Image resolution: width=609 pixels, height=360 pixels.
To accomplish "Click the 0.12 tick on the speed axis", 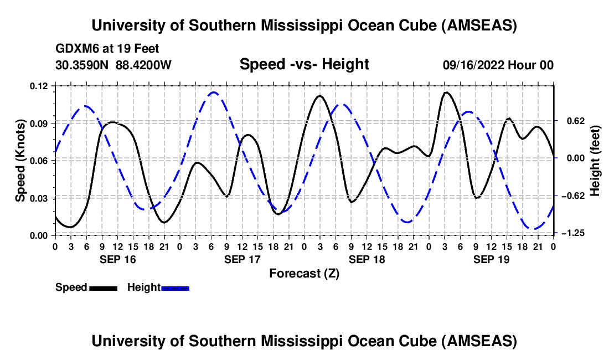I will point(40,86).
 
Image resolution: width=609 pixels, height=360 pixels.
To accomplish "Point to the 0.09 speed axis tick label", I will point(40,123).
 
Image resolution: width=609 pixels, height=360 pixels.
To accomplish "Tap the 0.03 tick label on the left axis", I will point(40,198).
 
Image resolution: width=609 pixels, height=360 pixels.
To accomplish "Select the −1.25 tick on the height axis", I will point(574,234).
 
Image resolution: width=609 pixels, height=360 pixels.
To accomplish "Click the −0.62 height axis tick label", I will point(574,196).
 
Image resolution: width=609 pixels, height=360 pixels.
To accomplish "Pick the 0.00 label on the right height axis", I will point(573,158).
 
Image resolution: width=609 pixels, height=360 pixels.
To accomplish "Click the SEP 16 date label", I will point(117,259).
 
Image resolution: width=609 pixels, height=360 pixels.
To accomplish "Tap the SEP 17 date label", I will point(242,259).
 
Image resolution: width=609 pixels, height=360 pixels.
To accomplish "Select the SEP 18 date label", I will point(367,259).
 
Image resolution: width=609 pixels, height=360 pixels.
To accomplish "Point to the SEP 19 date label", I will point(491,259).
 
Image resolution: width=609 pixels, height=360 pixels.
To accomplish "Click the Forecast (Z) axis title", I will point(304,274).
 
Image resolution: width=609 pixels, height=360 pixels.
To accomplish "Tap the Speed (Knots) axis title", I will point(20,161).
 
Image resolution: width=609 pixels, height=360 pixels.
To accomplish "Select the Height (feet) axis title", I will point(596,160).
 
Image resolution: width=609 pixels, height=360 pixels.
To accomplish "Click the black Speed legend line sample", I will point(103,288).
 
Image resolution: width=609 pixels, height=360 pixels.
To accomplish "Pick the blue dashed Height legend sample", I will point(175,288).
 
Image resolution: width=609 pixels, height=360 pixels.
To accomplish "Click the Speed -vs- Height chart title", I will point(304,65).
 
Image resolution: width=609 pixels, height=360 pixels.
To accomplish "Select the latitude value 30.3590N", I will point(82,65).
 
